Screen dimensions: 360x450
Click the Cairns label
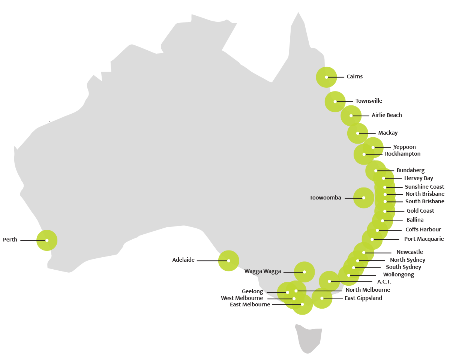(354, 76)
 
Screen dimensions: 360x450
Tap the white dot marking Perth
(47, 240)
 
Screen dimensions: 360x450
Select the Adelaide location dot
(229, 260)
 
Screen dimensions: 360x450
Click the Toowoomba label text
(325, 198)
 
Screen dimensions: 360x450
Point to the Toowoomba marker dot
(364, 198)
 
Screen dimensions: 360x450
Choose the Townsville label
(369, 101)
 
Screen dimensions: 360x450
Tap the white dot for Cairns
(327, 77)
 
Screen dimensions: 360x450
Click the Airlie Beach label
(387, 115)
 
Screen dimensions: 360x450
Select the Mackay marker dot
(358, 133)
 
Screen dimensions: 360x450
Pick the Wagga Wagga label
(262, 271)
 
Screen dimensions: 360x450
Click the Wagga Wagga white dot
(304, 272)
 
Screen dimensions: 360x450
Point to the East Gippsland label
(363, 298)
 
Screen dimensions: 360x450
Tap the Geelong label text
(252, 291)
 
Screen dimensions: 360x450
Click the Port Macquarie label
(424, 239)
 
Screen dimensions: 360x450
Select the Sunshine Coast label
(424, 187)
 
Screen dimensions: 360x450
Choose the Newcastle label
(409, 252)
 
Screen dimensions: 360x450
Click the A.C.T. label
(384, 282)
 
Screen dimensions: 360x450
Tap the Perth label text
(10, 240)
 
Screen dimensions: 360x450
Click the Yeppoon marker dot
(373, 147)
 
